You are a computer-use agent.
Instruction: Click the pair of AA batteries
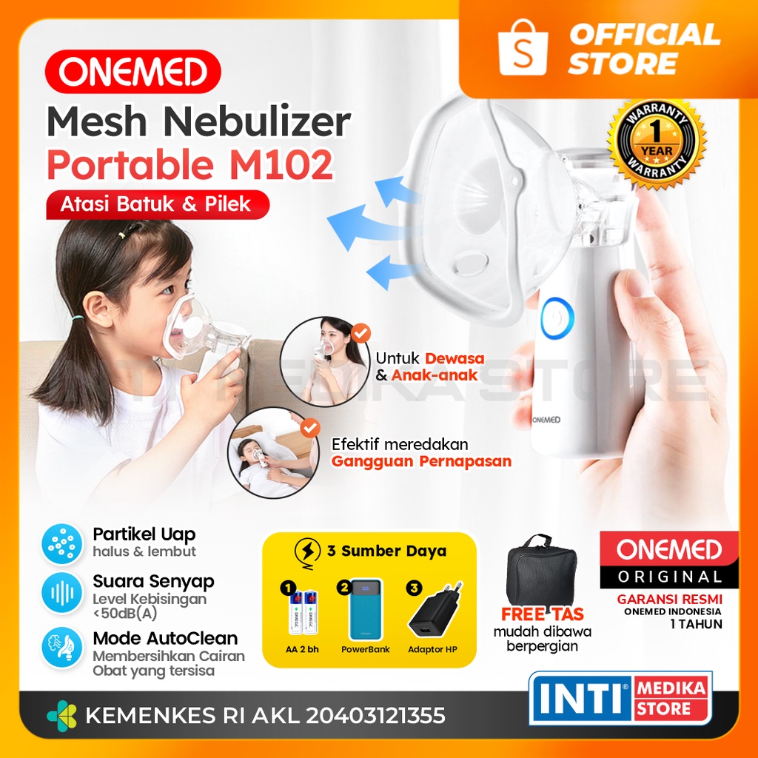(x=304, y=613)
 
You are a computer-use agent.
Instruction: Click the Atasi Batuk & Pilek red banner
(x=157, y=204)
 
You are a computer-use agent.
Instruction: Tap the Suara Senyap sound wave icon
(x=61, y=594)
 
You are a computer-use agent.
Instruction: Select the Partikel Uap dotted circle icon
(x=61, y=543)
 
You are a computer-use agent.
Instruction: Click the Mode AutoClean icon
(x=61, y=645)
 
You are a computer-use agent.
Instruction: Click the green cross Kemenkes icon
(x=61, y=716)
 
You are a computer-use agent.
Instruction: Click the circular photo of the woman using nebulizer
(x=325, y=360)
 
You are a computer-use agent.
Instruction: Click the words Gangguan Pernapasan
(x=421, y=461)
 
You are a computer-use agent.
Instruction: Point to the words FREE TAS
(x=543, y=614)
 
